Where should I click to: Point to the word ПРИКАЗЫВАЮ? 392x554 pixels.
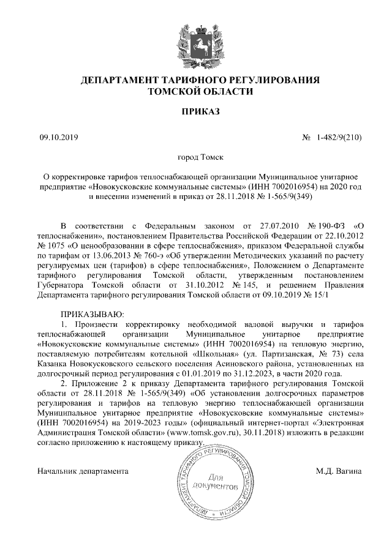click(x=89, y=313)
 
